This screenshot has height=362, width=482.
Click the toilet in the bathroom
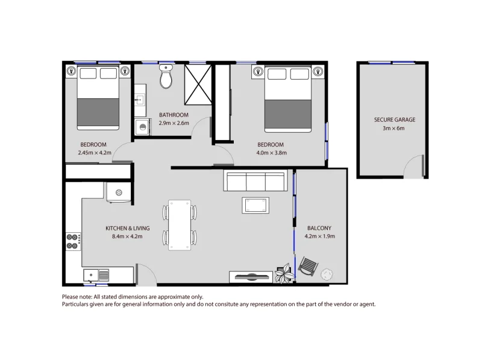(x=166, y=78)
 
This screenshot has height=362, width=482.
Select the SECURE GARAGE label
(x=394, y=120)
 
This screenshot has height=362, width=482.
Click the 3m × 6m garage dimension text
(x=394, y=129)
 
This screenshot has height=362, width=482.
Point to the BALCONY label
(x=319, y=228)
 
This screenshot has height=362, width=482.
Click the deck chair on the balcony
(x=307, y=267)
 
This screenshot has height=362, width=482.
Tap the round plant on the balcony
(x=327, y=274)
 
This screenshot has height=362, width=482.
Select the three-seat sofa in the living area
(x=254, y=181)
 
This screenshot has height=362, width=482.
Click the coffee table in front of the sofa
(x=256, y=206)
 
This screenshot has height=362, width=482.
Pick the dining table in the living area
(x=179, y=224)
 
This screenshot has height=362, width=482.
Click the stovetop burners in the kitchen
(x=73, y=241)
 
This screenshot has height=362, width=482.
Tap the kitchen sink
(x=96, y=275)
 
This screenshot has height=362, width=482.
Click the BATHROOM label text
(x=174, y=115)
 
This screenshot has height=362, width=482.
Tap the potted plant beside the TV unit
(x=284, y=275)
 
